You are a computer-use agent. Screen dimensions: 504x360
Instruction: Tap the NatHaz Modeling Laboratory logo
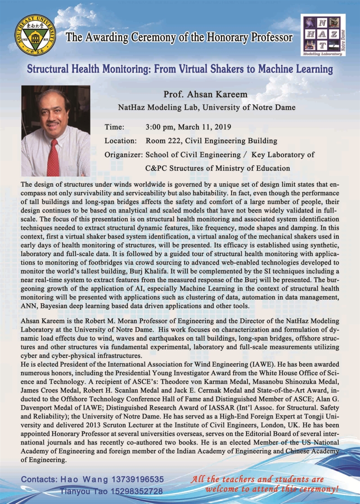pyautogui.click(x=324, y=35)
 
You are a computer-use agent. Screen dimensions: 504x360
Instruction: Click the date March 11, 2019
pyautogui.click(x=204, y=127)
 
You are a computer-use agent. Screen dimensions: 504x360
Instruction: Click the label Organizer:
pyautogui.click(x=124, y=155)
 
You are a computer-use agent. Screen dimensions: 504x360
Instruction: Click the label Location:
pyautogui.click(x=121, y=141)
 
